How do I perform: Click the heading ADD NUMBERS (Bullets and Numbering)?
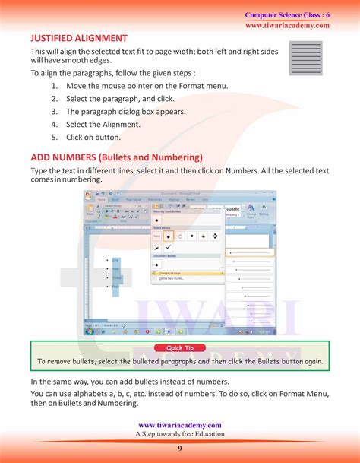[x=116, y=157]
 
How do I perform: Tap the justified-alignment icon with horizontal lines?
[x=306, y=57]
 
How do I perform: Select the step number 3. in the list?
[x=55, y=112]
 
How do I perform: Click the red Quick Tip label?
[x=180, y=348]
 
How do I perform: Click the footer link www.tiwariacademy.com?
[x=180, y=425]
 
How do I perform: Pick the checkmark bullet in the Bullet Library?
[x=169, y=247]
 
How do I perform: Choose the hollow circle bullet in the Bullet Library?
[x=181, y=236]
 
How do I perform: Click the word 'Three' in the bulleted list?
[x=116, y=277]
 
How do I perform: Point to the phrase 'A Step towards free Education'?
[x=180, y=434]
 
